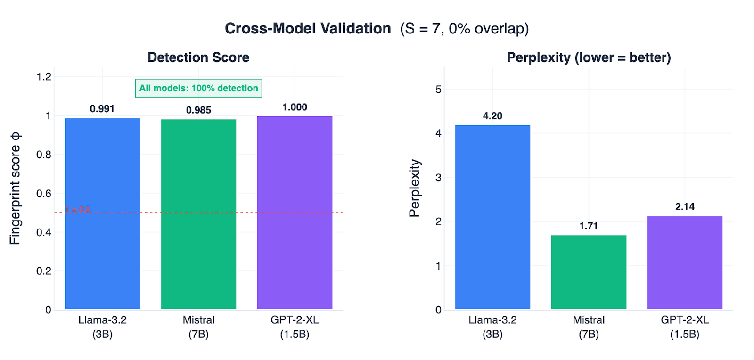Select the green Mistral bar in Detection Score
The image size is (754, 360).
click(198, 214)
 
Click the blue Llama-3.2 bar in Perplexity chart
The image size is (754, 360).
click(492, 217)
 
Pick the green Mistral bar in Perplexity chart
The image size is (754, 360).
click(589, 272)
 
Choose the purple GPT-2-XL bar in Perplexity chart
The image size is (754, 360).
click(685, 262)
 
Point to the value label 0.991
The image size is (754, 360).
click(102, 109)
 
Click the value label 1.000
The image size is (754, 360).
click(295, 107)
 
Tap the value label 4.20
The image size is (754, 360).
click(492, 116)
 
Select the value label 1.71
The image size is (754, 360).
click(589, 226)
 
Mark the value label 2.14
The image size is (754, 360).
click(685, 207)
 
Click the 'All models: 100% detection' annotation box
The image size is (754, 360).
click(198, 88)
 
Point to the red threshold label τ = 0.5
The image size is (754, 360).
click(78, 209)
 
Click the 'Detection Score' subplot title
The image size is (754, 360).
click(198, 57)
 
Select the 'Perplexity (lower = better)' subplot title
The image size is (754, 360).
click(589, 57)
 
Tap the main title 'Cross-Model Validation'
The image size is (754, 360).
click(308, 29)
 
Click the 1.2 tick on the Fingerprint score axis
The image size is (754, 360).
click(44, 77)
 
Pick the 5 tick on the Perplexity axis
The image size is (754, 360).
click(438, 89)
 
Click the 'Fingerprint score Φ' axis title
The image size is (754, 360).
click(16, 188)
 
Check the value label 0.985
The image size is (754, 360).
click(198, 110)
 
